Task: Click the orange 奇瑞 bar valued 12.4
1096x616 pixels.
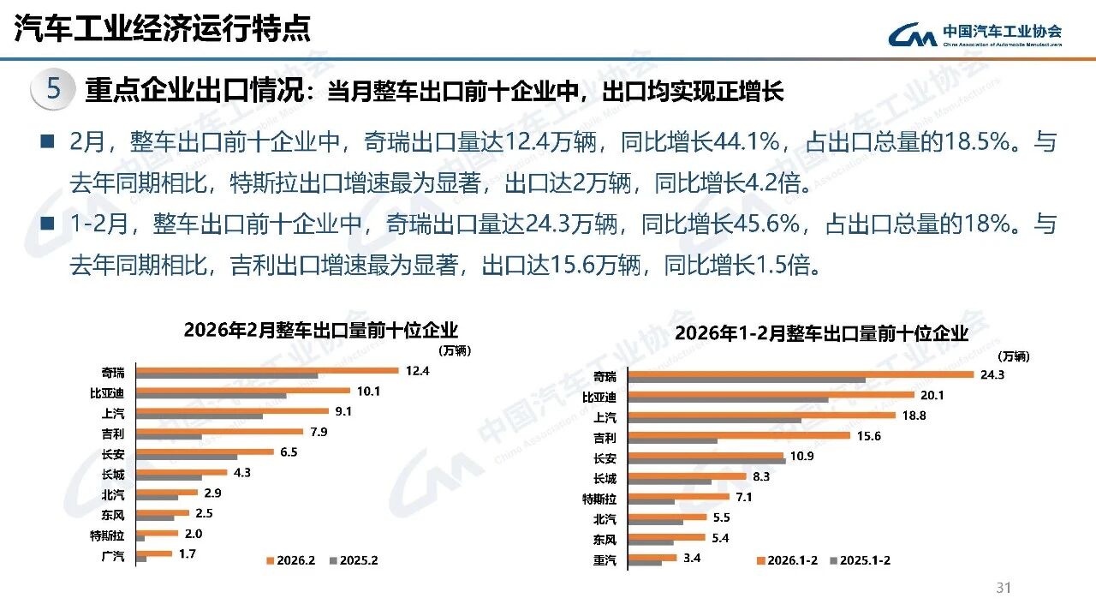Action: (268, 370)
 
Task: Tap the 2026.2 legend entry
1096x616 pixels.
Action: (292, 560)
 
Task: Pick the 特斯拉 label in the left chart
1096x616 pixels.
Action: (108, 535)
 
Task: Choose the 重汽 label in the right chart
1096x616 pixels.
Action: (605, 560)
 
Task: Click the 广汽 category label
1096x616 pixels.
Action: (113, 556)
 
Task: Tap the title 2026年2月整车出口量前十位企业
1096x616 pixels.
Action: (321, 330)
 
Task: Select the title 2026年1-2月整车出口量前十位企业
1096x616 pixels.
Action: (821, 333)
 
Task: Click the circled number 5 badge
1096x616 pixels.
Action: (53, 89)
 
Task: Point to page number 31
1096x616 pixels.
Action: (1004, 588)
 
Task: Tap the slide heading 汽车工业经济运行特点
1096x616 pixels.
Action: (162, 29)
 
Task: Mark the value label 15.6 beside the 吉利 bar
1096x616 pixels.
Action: (867, 436)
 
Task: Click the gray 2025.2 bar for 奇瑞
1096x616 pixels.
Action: (228, 375)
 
